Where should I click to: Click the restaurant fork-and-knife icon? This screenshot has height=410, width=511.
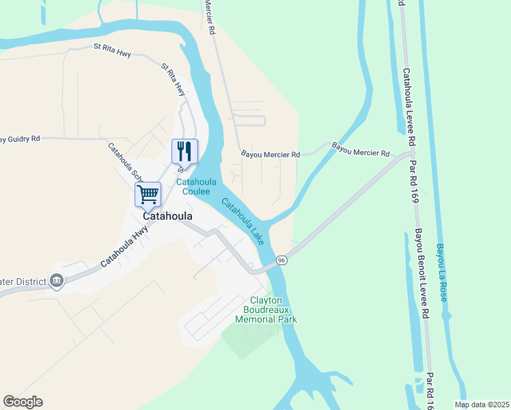pyautogui.click(x=184, y=150)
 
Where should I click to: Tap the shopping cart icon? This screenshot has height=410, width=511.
pyautogui.click(x=148, y=194)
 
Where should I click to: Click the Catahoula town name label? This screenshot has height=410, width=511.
pyautogui.click(x=167, y=215)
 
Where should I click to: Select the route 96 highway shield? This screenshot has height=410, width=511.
pyautogui.click(x=281, y=260)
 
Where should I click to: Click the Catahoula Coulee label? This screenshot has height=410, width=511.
pyautogui.click(x=197, y=187)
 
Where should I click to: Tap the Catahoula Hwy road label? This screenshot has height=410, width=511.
pyautogui.click(x=124, y=247)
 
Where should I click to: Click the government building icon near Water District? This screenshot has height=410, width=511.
pyautogui.click(x=57, y=280)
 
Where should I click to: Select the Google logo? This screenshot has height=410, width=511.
pyautogui.click(x=23, y=402)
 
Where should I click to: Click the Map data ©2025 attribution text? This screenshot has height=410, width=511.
pyautogui.click(x=482, y=405)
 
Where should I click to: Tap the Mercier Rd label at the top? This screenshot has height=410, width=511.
pyautogui.click(x=209, y=17)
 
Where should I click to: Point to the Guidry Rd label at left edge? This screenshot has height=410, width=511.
pyautogui.click(x=19, y=139)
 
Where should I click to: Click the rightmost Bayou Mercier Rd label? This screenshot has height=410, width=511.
pyautogui.click(x=361, y=150)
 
